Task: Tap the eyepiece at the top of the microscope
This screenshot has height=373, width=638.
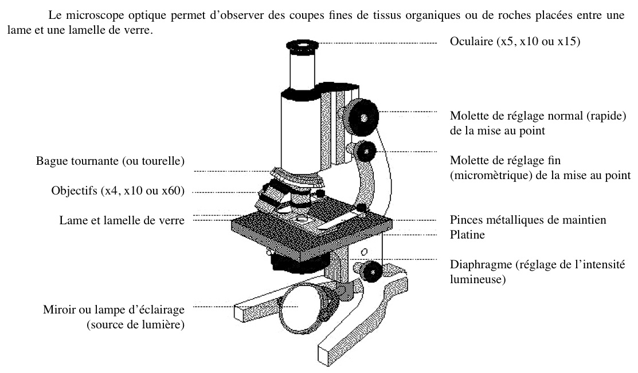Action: (x=302, y=46)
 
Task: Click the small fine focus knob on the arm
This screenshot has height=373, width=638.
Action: (x=364, y=152)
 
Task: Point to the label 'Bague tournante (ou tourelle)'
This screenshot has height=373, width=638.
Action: (x=111, y=161)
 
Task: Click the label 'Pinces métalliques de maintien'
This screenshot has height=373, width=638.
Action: (x=528, y=220)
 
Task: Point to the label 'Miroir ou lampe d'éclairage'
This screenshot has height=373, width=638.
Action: (x=113, y=310)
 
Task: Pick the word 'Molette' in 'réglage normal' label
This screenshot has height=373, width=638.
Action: (x=468, y=116)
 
